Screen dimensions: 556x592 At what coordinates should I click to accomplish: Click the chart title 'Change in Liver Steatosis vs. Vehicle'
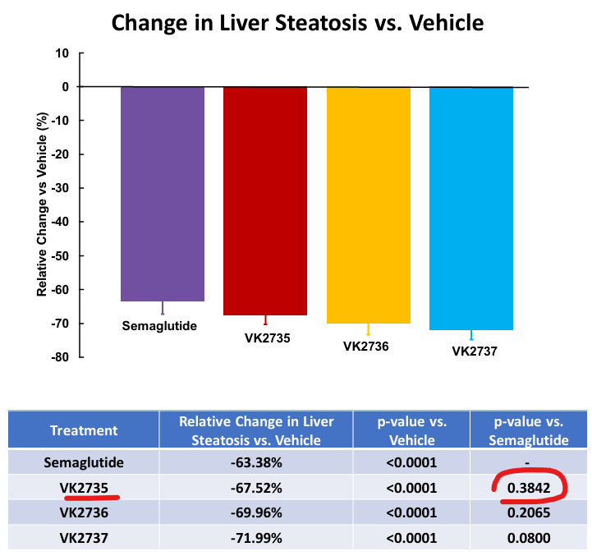pyautogui.click(x=297, y=22)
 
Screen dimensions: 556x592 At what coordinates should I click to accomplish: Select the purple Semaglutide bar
pyautogui.click(x=163, y=193)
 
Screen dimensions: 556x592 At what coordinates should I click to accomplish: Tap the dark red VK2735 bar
pyautogui.click(x=265, y=200)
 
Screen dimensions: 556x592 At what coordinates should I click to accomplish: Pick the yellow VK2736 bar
pyautogui.click(x=368, y=204)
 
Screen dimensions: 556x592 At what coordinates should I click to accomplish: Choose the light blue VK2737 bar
pyautogui.click(x=471, y=208)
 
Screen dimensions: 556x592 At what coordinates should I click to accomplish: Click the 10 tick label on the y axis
pyautogui.click(x=62, y=53)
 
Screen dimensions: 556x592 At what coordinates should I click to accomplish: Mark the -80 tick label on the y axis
pyautogui.click(x=58, y=357)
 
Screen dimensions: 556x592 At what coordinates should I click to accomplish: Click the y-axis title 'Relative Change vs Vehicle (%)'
pyautogui.click(x=41, y=205)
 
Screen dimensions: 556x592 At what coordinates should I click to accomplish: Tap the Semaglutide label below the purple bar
pyautogui.click(x=159, y=325)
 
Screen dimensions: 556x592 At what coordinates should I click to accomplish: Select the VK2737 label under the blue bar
pyautogui.click(x=474, y=351)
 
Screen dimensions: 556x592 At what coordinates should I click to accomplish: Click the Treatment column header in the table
pyautogui.click(x=84, y=430)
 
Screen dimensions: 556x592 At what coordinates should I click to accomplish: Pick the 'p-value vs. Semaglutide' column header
pyautogui.click(x=530, y=430)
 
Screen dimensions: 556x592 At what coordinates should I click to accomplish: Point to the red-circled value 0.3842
pyautogui.click(x=530, y=488)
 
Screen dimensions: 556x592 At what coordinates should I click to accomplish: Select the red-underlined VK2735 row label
pyautogui.click(x=84, y=488)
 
